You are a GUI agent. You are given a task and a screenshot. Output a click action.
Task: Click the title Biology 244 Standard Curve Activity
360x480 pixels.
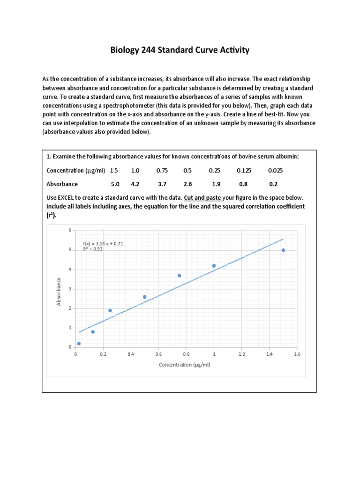pyautogui.click(x=180, y=50)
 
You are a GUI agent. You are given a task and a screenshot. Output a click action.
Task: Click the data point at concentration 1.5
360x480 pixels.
pyautogui.click(x=283, y=250)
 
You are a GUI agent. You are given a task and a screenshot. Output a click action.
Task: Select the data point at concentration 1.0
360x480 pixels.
pyautogui.click(x=214, y=266)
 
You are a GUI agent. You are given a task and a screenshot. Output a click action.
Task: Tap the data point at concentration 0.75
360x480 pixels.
pyautogui.click(x=180, y=276)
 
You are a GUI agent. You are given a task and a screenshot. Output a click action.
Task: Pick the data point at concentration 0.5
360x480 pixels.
pyautogui.click(x=145, y=297)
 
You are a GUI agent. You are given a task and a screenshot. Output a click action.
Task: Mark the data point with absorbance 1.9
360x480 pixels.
pyautogui.click(x=110, y=310)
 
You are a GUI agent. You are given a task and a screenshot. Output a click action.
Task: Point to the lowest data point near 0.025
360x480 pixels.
pyautogui.click(x=79, y=344)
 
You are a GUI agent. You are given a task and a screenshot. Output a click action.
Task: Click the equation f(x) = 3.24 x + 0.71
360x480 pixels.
pyautogui.click(x=103, y=244)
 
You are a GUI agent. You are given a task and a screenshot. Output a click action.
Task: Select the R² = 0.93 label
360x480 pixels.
pyautogui.click(x=93, y=249)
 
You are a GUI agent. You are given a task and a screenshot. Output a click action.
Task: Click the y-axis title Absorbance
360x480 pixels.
pyautogui.click(x=59, y=292)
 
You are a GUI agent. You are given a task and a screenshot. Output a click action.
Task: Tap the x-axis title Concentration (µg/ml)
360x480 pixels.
pyautogui.click(x=185, y=365)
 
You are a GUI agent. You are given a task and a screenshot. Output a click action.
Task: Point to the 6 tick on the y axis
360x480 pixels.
pyautogui.click(x=70, y=230)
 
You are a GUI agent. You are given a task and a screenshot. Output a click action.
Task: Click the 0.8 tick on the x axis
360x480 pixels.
pyautogui.click(x=186, y=355)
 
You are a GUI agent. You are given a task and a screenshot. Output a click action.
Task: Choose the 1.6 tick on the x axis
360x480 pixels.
pyautogui.click(x=297, y=355)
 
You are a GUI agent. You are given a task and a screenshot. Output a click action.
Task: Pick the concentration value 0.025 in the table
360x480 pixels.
pyautogui.click(x=275, y=171)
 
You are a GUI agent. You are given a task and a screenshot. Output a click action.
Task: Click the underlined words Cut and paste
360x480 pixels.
pyautogui.click(x=202, y=197)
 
